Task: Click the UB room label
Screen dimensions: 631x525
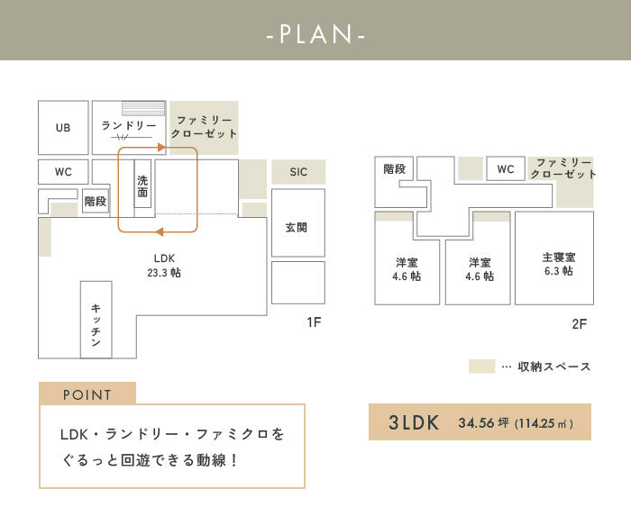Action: [63, 128]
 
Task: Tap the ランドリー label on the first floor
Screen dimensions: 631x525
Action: [129, 125]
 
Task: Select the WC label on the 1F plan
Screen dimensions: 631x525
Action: [63, 172]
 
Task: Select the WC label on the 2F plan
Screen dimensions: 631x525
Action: [506, 168]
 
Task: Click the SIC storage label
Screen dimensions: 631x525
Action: [298, 172]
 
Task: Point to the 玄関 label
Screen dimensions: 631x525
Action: [297, 228]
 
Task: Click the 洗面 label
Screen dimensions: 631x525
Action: [142, 186]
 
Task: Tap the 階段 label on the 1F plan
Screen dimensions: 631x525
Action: [96, 201]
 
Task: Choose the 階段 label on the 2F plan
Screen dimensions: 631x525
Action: [395, 168]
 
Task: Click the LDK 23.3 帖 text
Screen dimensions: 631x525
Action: [164, 266]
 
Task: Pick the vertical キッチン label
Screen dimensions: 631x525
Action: [96, 325]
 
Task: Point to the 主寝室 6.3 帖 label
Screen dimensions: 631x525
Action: [559, 264]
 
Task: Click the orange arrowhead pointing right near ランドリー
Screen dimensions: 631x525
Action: [161, 148]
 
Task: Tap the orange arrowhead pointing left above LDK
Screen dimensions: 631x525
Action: [160, 231]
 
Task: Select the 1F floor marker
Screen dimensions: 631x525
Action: [314, 322]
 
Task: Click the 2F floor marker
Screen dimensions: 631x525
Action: [579, 323]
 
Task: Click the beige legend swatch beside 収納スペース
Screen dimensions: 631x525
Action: [481, 367]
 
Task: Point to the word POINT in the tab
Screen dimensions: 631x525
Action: [87, 394]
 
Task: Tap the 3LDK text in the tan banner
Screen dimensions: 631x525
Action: [413, 422]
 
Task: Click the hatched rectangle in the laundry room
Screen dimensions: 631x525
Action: [143, 108]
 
